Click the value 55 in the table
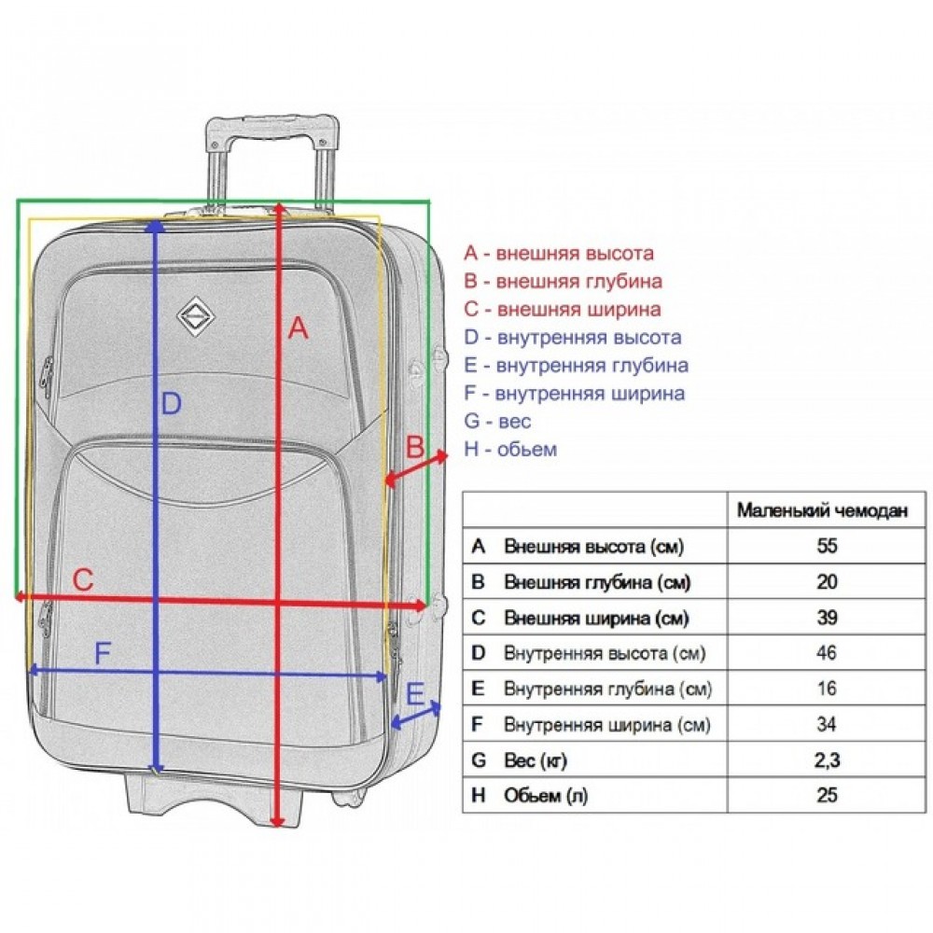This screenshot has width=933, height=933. tap(827, 546)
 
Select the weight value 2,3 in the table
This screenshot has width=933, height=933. tap(827, 759)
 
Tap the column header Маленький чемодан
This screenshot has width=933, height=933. tap(822, 510)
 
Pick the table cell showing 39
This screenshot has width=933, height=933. tap(827, 617)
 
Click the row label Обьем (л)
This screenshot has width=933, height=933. tap(545, 796)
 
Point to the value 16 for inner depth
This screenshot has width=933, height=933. tap(827, 689)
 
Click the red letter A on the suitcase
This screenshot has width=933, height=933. tap(299, 327)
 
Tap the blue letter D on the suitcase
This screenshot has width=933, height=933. tap(172, 404)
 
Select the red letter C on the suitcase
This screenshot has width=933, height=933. tap(83, 580)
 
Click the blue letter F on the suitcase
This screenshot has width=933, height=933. tap(103, 653)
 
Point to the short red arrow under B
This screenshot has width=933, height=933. tap(416, 468)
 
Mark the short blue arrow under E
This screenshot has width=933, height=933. tap(416, 716)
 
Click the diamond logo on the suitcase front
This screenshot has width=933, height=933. tap(196, 316)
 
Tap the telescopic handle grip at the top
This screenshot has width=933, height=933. tap(272, 128)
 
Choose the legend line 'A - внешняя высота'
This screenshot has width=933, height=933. tap(559, 253)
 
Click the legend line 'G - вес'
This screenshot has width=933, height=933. tap(497, 422)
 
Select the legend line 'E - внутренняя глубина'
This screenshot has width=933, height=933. tap(576, 366)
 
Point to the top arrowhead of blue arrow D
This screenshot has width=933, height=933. tap(155, 226)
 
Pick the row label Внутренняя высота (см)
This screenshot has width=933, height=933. tap(605, 653)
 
